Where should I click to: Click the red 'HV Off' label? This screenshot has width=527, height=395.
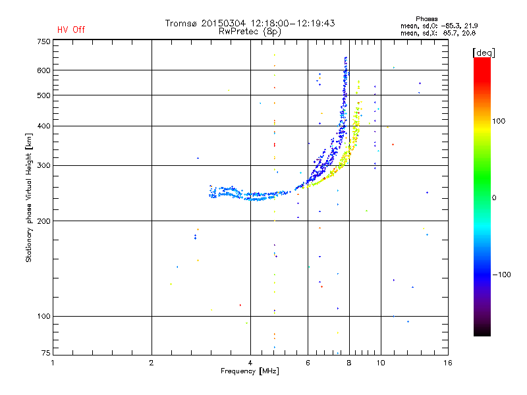click(70, 30)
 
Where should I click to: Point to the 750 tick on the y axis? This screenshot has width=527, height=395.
click(43, 41)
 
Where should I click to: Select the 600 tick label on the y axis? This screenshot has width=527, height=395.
click(43, 70)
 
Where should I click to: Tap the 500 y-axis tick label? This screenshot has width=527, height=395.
click(43, 95)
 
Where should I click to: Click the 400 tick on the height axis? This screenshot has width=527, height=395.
click(43, 126)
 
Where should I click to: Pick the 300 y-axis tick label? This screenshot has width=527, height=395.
click(43, 165)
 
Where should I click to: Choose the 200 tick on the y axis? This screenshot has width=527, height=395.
click(43, 221)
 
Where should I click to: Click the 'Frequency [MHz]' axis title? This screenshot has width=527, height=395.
click(250, 372)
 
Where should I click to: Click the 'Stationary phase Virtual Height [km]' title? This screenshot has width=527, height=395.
click(29, 197)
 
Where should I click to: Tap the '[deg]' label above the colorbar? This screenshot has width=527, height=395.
click(484, 52)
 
